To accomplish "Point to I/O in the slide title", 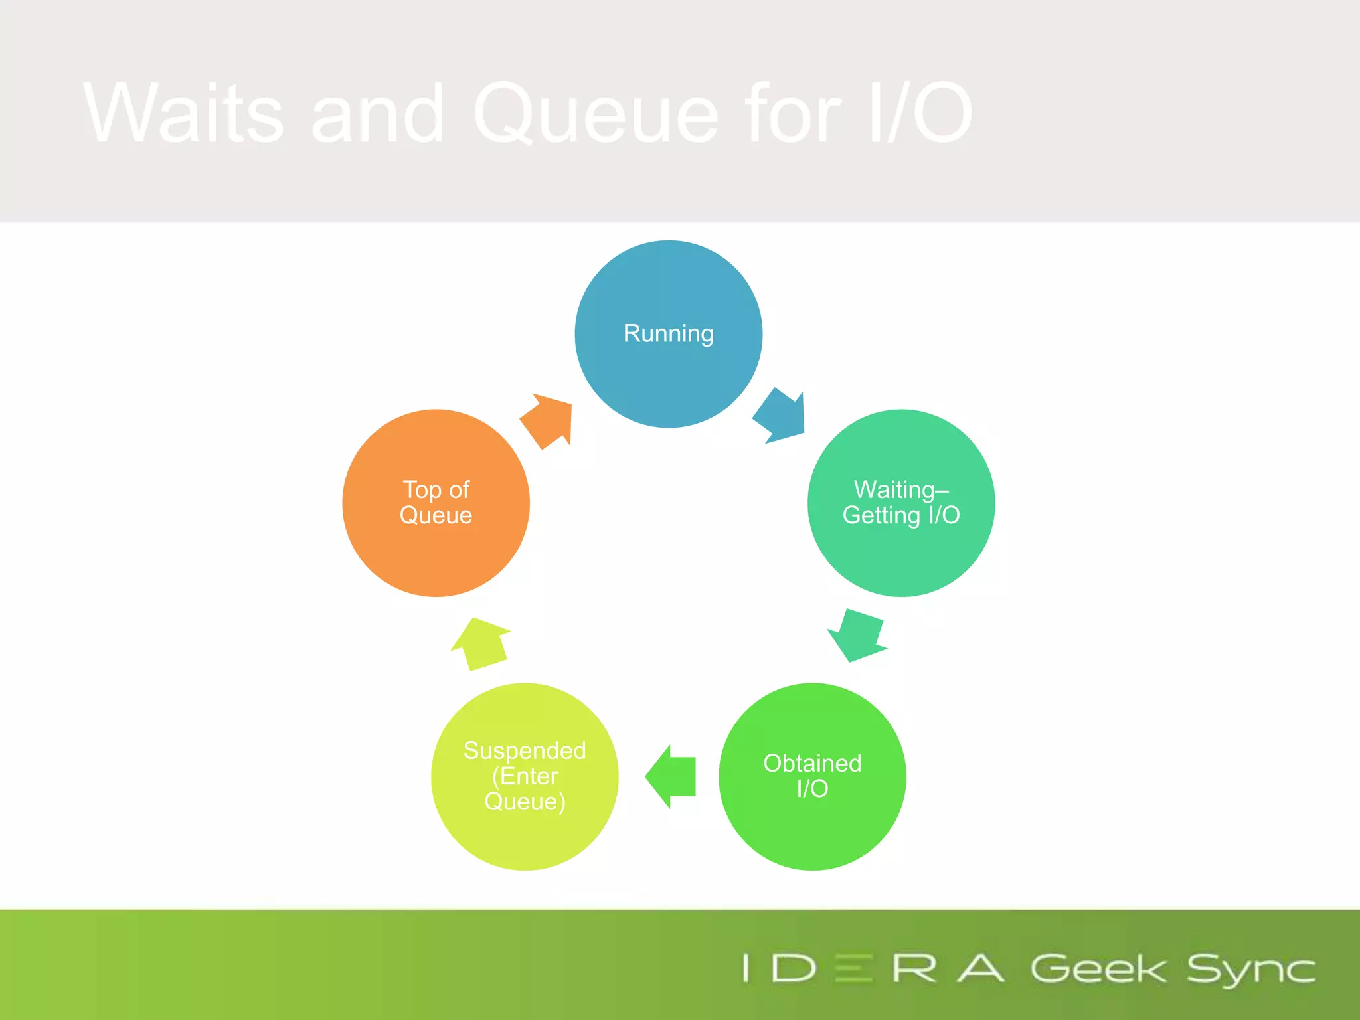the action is [920, 113].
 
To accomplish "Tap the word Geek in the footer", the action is [1098, 969].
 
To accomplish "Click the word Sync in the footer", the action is [1250, 970].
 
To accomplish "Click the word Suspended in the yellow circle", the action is [525, 750].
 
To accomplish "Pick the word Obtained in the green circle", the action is [812, 764].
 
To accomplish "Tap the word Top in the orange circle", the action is [422, 490].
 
